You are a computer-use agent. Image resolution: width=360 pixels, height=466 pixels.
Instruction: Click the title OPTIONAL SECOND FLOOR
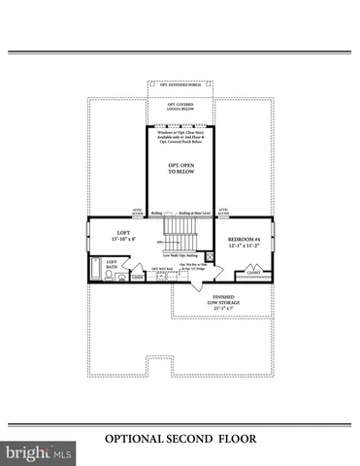point(180,438)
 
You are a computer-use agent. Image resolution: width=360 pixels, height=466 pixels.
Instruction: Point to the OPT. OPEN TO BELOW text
point(180,169)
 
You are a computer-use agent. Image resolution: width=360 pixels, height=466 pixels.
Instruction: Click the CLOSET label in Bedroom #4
point(250,273)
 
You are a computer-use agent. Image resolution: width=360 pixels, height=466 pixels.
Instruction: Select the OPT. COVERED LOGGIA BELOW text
point(180,109)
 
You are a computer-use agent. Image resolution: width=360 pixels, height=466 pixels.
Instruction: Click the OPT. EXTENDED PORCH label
point(180,83)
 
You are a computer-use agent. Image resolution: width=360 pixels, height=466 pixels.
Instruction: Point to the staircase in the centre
point(180,233)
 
